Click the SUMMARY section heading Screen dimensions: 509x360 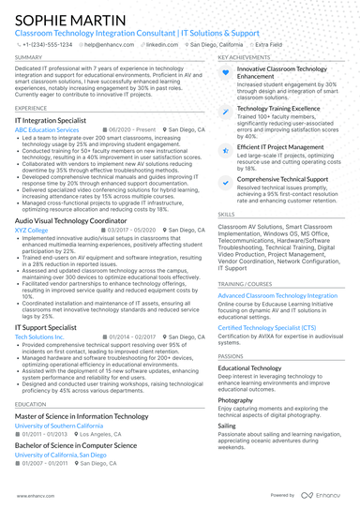(28, 57)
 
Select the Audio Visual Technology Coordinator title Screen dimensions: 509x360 (77, 221)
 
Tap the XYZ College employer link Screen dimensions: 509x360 (31, 230)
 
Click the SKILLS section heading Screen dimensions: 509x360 (228, 214)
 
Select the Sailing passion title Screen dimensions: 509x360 (227, 426)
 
